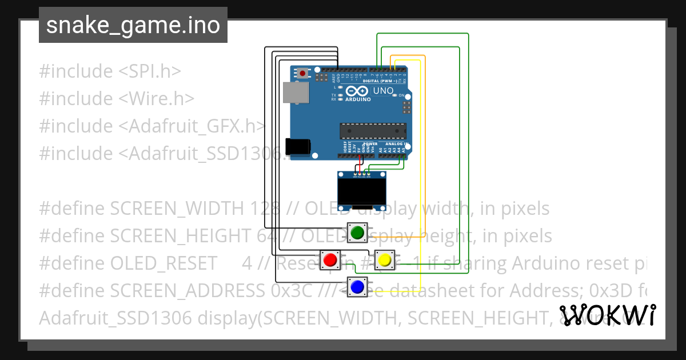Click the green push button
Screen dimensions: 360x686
357,233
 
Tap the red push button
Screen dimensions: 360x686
330,260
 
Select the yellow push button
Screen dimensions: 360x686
385,260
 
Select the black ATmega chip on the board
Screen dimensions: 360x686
373,131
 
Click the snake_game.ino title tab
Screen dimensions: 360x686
133,25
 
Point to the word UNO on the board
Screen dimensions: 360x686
383,91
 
